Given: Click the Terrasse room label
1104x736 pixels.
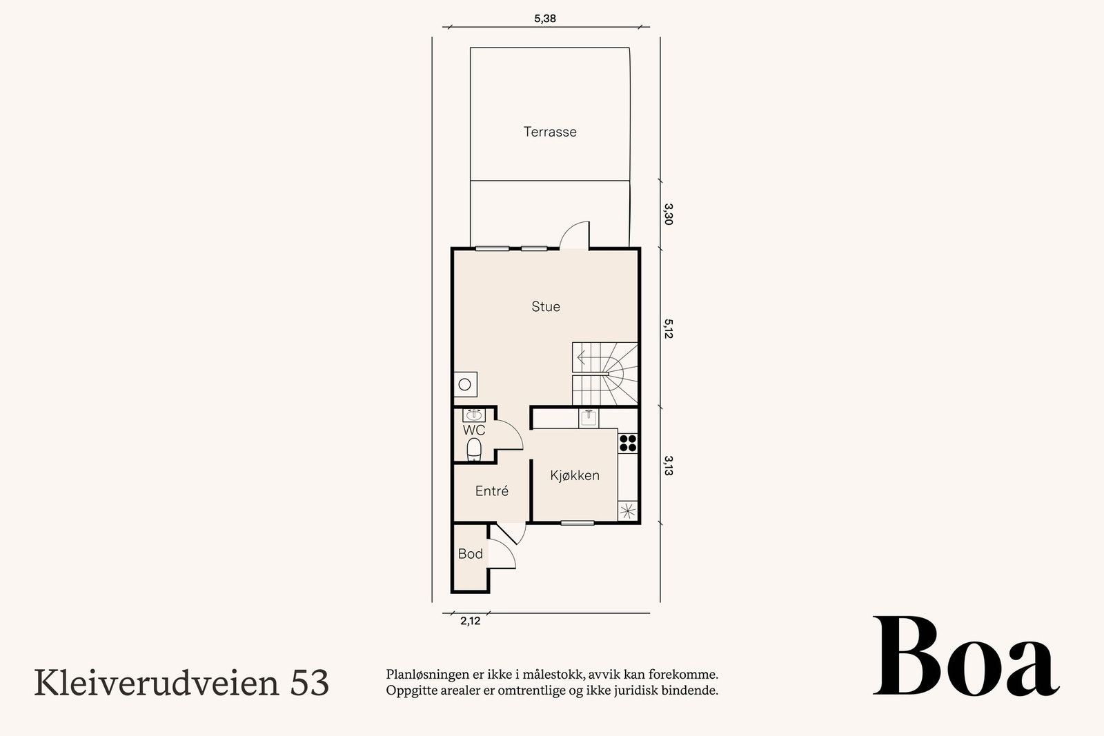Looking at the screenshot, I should [x=550, y=132].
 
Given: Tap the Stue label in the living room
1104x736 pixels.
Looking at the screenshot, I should [x=545, y=306].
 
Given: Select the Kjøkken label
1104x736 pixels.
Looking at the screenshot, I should [x=574, y=475].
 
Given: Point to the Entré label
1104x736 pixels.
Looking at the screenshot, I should [x=491, y=491].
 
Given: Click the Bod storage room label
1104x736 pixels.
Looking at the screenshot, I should [x=470, y=554].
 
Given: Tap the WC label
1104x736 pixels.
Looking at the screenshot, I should [x=473, y=430].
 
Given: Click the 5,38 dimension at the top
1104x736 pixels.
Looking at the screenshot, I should [x=544, y=19].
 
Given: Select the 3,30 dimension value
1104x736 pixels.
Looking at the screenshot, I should [x=667, y=214].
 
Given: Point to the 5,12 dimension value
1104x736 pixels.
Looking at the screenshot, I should [x=667, y=328].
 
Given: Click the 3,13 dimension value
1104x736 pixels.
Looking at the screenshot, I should [x=667, y=466].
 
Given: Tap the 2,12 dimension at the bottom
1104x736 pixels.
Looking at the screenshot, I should [x=470, y=621].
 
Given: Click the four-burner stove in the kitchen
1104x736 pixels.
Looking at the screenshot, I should [x=627, y=443].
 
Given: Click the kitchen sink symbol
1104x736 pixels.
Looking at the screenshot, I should [x=588, y=417].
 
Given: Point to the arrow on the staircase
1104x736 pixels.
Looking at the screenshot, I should [x=581, y=357].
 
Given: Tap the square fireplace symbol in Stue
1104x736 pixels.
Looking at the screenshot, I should [x=465, y=384].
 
